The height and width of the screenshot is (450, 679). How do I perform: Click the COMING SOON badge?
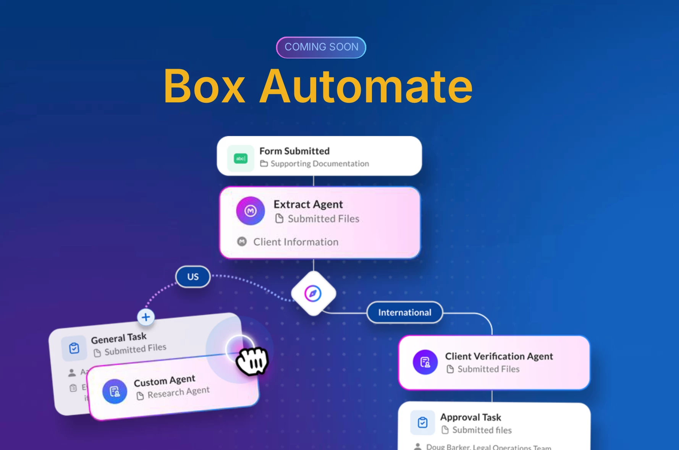click(x=321, y=47)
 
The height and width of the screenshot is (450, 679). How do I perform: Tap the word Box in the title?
click(x=204, y=87)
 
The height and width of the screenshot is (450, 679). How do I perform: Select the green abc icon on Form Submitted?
click(x=241, y=158)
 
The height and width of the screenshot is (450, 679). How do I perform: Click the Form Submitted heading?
click(x=294, y=151)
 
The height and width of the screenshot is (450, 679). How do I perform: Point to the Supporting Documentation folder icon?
click(x=264, y=163)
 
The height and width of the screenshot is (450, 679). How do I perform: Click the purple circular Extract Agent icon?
click(x=251, y=211)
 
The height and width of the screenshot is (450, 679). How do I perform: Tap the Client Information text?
click(x=296, y=242)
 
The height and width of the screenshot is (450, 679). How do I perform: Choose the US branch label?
click(x=193, y=277)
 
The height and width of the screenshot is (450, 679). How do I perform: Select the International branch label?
click(x=404, y=312)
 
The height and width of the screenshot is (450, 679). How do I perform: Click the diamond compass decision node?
click(x=313, y=293)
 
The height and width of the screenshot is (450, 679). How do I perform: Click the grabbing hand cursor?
click(x=252, y=361)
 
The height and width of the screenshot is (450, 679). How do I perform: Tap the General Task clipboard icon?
click(x=74, y=348)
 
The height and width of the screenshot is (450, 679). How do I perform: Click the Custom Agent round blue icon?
click(x=115, y=392)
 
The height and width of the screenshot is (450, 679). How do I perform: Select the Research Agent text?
click(x=178, y=392)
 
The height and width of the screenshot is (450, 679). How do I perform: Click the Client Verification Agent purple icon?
click(x=425, y=362)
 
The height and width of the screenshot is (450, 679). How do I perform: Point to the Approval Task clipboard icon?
click(x=422, y=422)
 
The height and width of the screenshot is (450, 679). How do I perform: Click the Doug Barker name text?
click(x=448, y=447)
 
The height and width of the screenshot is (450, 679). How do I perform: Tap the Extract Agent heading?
click(x=308, y=204)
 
